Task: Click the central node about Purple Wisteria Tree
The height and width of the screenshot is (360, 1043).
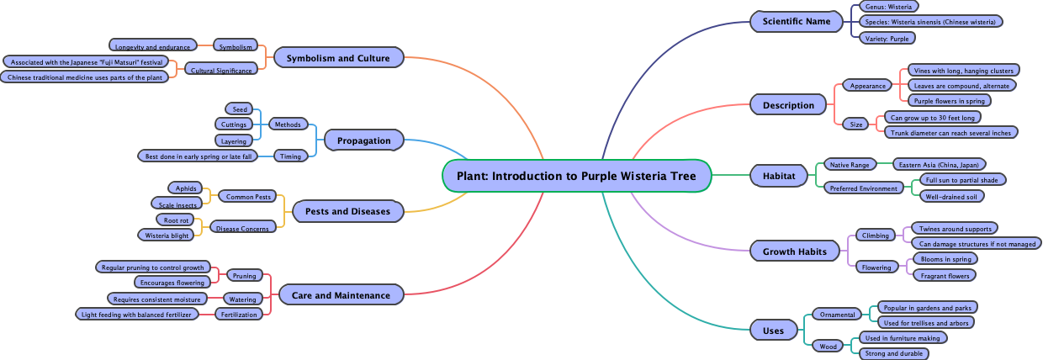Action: click(x=577, y=176)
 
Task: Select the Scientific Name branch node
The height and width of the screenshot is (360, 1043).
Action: click(x=796, y=21)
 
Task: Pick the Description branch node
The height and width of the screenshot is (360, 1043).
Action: click(x=788, y=105)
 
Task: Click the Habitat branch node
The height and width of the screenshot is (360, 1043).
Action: click(x=778, y=176)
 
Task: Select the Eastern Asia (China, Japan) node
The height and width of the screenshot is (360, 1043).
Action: click(x=939, y=164)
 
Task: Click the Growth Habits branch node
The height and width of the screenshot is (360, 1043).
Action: click(x=795, y=251)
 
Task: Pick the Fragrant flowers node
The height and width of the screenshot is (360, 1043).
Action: click(x=945, y=275)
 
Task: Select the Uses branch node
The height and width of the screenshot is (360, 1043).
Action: click(x=773, y=331)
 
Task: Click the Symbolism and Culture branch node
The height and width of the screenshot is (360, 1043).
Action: click(x=338, y=58)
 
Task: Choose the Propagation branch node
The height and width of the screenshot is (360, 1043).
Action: click(x=363, y=140)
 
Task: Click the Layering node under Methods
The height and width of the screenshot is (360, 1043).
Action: click(x=230, y=140)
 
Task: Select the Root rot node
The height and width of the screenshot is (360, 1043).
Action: click(x=177, y=220)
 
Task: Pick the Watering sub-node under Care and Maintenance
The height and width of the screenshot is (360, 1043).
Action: click(x=242, y=299)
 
